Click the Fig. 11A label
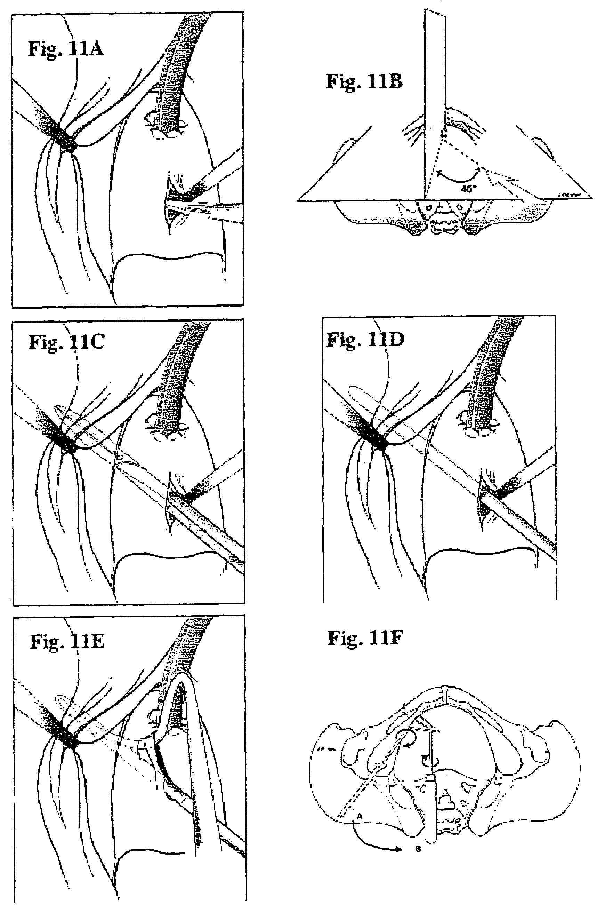pyautogui.click(x=66, y=49)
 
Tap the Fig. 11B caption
pyautogui.click(x=364, y=81)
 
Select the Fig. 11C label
pyautogui.click(x=66, y=342)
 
